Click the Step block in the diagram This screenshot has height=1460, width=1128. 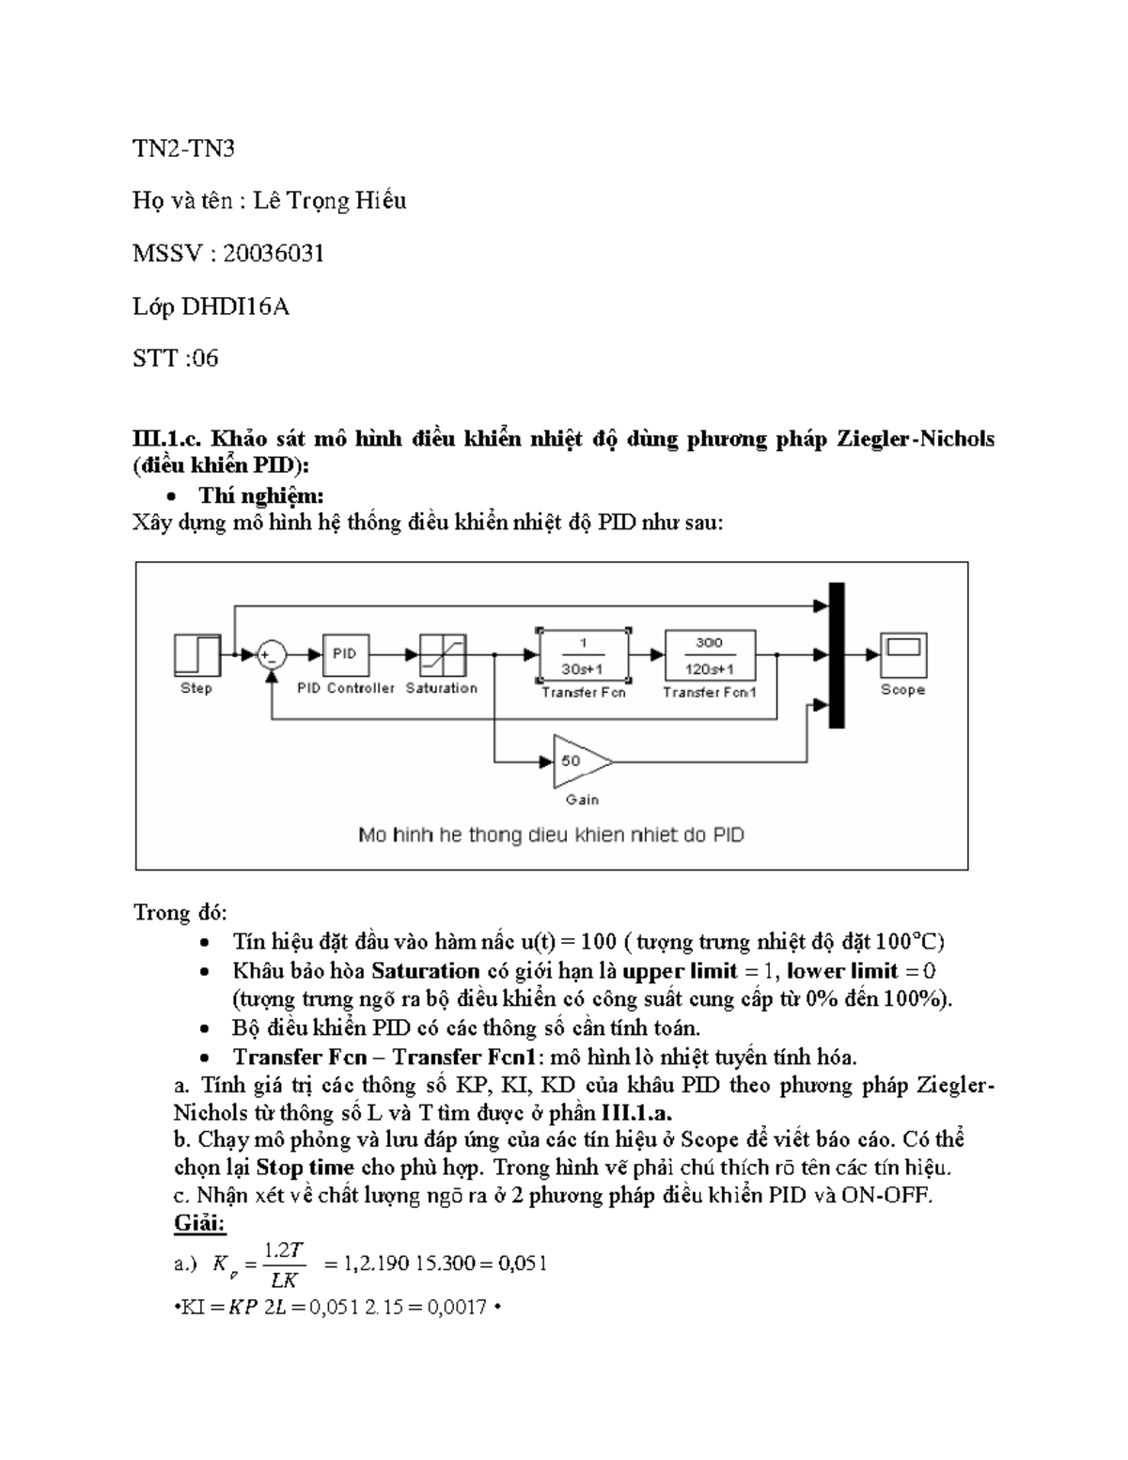[x=197, y=654]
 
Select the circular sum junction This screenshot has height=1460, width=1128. [x=272, y=654]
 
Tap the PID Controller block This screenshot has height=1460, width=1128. [x=345, y=654]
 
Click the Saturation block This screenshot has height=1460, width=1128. [x=442, y=654]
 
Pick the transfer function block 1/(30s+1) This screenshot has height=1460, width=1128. [x=583, y=655]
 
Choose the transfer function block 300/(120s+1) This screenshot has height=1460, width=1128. [x=710, y=655]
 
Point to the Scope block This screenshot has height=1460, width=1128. [x=902, y=654]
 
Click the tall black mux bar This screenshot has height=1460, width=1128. [x=836, y=654]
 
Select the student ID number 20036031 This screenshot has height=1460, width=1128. [x=273, y=253]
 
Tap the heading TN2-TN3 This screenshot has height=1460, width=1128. [x=183, y=149]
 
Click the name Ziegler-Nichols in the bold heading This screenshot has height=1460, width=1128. [x=915, y=438]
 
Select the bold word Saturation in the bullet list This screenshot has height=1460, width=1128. [x=426, y=970]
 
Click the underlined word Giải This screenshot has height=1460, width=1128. [x=200, y=1224]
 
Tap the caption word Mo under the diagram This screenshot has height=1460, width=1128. [x=372, y=835]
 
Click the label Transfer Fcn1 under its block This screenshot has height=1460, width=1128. [x=710, y=692]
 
